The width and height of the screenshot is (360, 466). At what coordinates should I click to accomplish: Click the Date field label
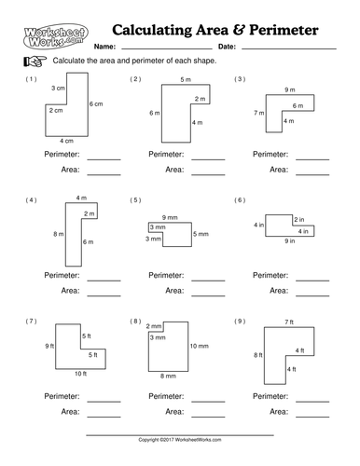pos(226,46)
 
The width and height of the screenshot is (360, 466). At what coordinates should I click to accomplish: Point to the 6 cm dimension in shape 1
pos(96,103)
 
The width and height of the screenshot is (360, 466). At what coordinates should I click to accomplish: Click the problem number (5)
pos(135,200)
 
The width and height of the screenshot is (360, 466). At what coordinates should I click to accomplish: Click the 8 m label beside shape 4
pos(57,233)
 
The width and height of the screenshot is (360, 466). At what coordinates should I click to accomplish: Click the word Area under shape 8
pos(173,411)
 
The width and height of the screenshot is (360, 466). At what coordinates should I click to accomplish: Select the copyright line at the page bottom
pos(180,438)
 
